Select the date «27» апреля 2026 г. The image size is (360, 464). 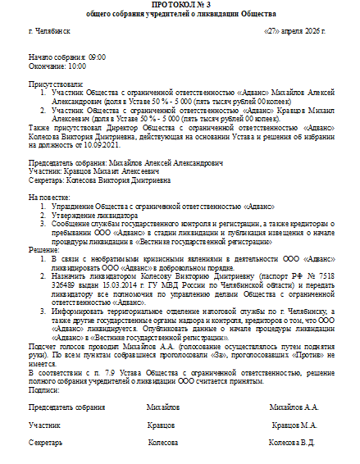click(294, 30)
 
